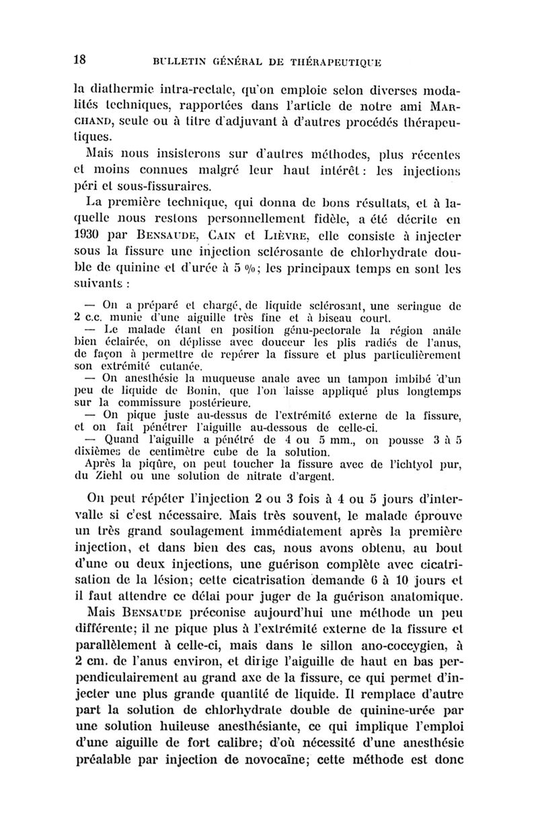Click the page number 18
79,59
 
